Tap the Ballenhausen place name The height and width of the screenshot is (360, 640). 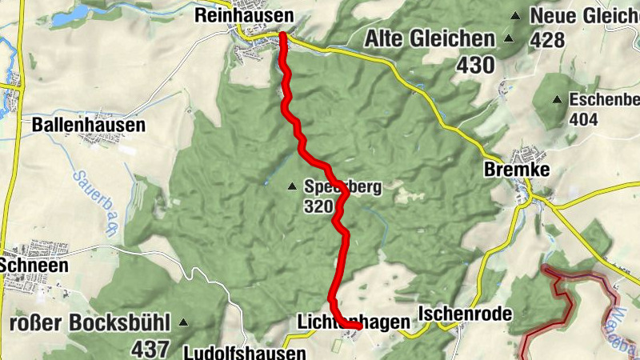coord(88,125)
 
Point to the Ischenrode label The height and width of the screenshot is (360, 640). coord(465,313)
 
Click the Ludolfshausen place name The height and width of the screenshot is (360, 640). coord(244,353)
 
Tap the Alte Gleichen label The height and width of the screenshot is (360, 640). coord(430,39)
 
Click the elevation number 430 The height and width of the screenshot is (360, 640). coord(477,66)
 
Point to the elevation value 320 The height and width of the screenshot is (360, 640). coord(318,206)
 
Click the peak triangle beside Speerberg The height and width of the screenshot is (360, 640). coord(292,186)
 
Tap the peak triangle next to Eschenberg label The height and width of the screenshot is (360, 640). coord(558,99)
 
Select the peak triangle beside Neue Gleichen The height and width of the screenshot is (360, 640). coord(516,15)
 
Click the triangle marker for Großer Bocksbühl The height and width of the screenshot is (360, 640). coord(184,323)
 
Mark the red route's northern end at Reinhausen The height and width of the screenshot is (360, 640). coord(283,34)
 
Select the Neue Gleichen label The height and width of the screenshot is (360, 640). coord(585,15)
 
